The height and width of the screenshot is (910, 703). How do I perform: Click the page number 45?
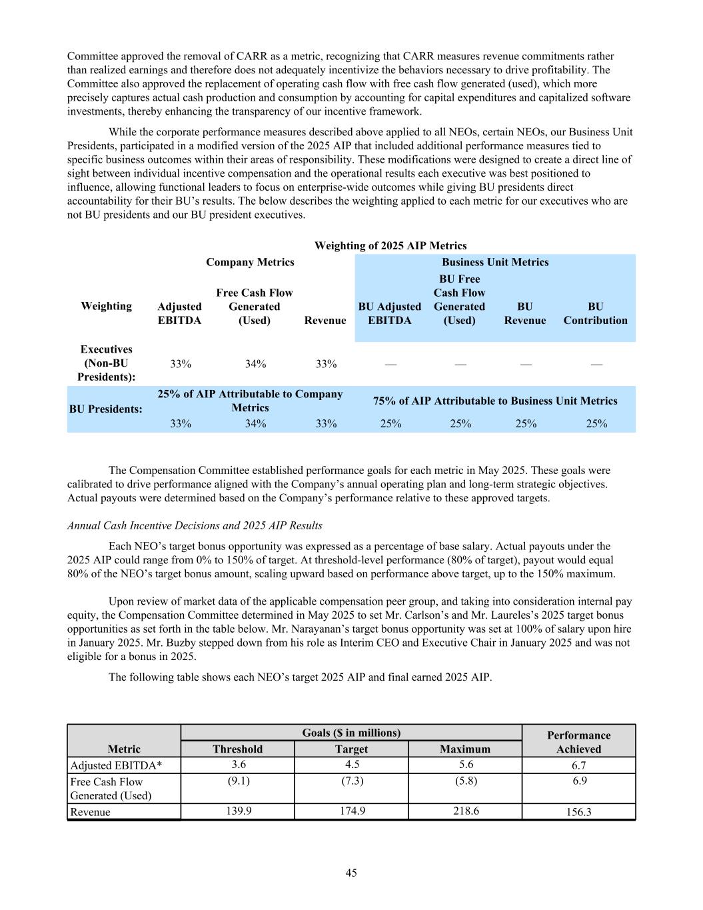tap(351, 873)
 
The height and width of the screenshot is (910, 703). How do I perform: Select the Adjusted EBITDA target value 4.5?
tap(351, 765)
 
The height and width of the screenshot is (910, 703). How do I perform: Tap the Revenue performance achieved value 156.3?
tap(578, 812)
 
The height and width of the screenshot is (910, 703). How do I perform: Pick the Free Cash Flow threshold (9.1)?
tap(237, 781)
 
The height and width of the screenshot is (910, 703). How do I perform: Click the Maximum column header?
tap(464, 749)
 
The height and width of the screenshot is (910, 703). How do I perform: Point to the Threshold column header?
tap(237, 749)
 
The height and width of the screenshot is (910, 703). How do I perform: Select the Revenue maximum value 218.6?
tap(464, 811)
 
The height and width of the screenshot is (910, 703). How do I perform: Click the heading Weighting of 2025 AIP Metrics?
tap(390, 245)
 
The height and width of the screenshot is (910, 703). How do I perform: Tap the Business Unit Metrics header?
tap(495, 262)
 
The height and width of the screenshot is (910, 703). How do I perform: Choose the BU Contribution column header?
tap(595, 313)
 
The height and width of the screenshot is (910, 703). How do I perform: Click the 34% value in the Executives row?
tap(255, 363)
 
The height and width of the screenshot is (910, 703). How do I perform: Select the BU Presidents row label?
tap(106, 409)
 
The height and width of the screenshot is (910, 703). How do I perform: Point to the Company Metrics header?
tap(250, 262)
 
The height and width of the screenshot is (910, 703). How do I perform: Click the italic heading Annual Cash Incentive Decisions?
tap(195, 525)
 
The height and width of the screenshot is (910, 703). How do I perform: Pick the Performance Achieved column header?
tap(578, 742)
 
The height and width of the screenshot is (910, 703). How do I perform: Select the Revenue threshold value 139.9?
tap(237, 811)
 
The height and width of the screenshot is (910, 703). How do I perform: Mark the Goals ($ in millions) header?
tap(351, 733)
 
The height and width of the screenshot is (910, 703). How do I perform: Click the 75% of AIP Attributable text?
tap(495, 401)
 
